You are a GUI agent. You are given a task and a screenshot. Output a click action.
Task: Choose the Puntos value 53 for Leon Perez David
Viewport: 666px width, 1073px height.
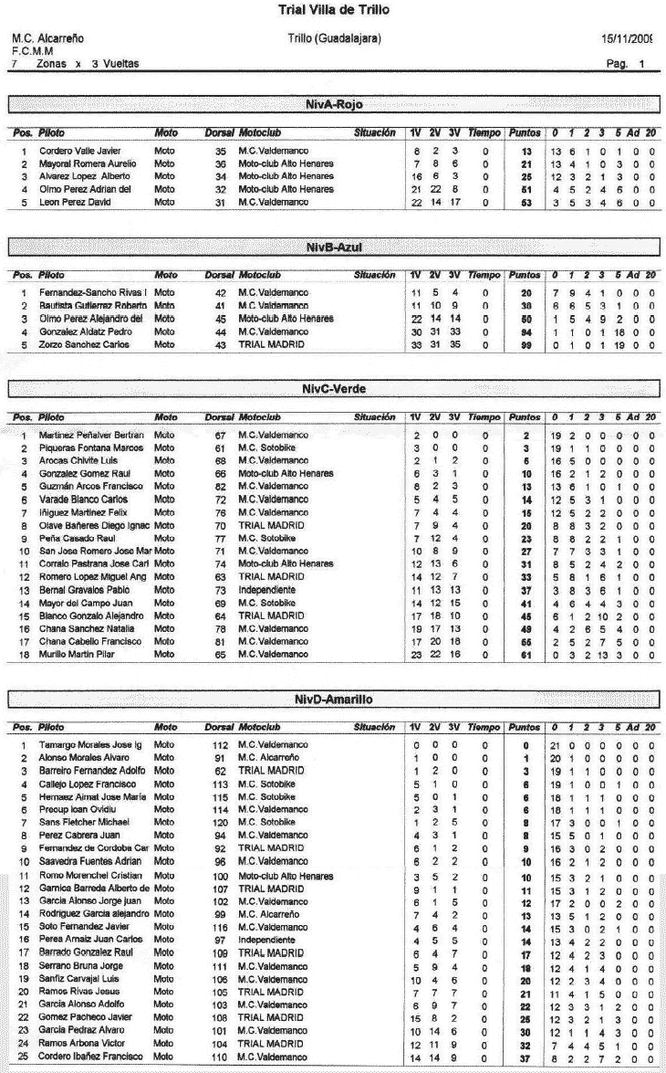[526, 201]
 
